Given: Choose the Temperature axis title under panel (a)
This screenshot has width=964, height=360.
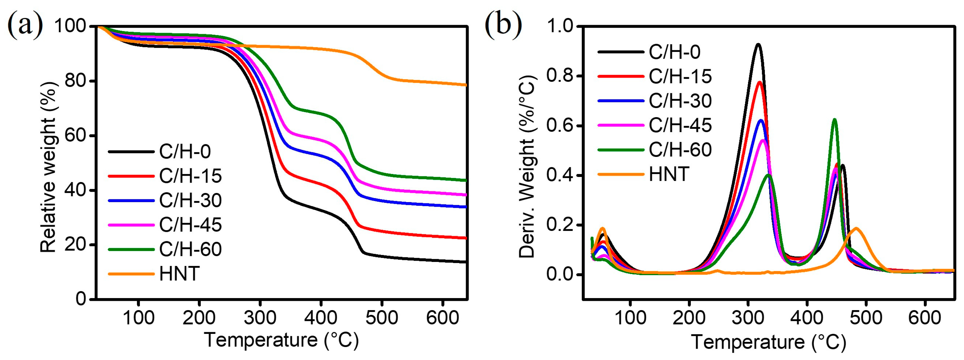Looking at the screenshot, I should click(282, 340).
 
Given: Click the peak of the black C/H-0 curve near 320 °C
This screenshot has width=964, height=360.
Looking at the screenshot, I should click(758, 44).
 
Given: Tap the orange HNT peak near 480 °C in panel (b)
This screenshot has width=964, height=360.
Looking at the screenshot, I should click(856, 228).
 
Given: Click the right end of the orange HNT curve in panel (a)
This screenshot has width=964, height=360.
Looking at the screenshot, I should click(466, 85).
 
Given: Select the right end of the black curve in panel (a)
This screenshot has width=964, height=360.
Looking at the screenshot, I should click(466, 262).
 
